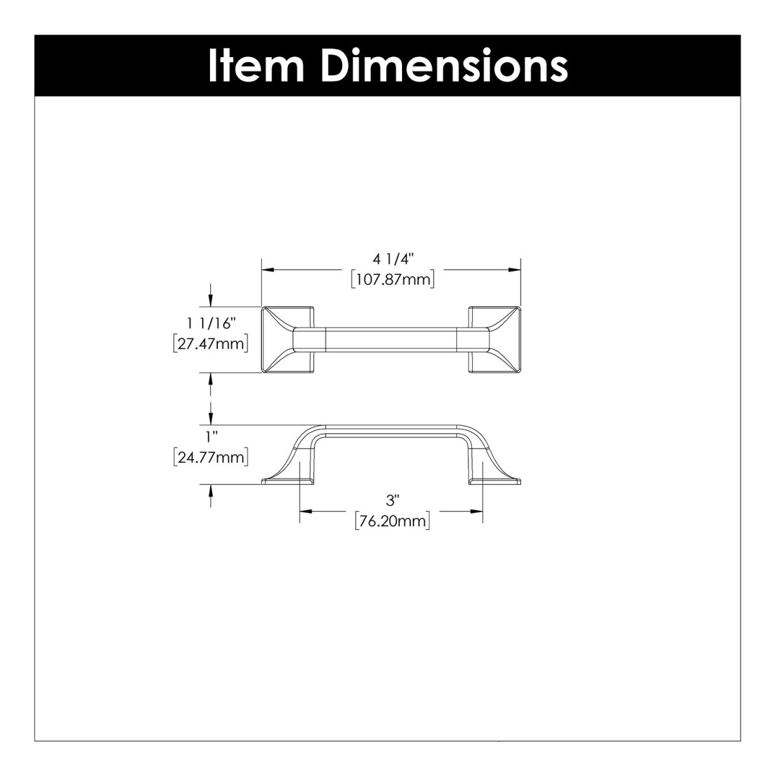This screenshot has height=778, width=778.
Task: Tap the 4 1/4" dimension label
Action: [x=392, y=259]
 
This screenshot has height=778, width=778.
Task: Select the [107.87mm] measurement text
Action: [x=392, y=279]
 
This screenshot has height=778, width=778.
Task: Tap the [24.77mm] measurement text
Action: [x=211, y=458]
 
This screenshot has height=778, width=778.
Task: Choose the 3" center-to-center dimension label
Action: [x=391, y=501]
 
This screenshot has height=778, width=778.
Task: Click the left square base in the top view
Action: [x=287, y=339]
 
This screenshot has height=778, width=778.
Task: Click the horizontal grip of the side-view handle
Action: [x=391, y=430]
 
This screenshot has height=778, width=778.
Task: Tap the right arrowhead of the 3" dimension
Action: [x=478, y=511]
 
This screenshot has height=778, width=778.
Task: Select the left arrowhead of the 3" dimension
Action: [x=304, y=511]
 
